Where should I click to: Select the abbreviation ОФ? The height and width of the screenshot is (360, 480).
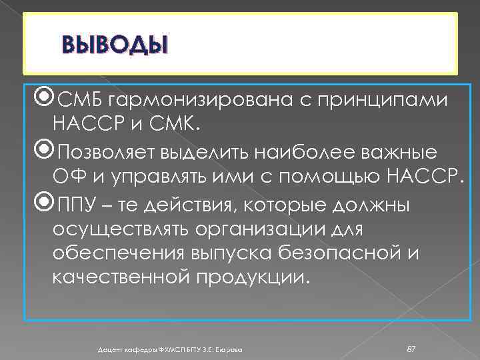[x=67, y=176]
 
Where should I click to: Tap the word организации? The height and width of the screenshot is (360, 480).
[x=271, y=229]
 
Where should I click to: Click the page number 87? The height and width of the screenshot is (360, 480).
[x=411, y=349]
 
